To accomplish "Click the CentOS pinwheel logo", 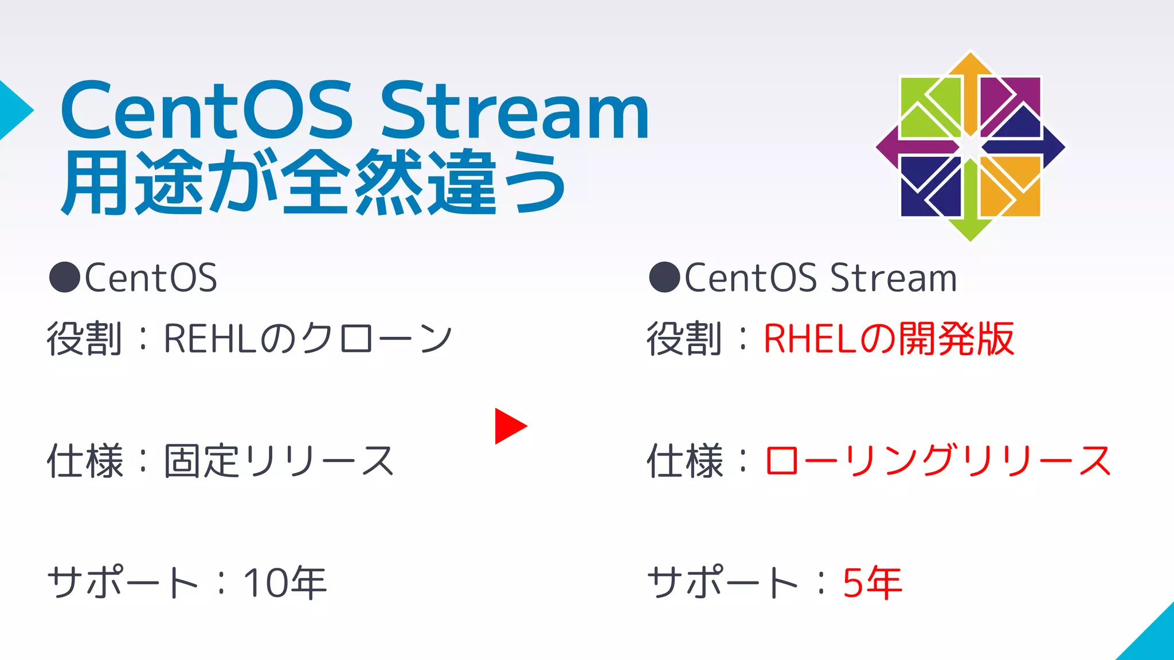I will pyautogui.click(x=970, y=147).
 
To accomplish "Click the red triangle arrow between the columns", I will pyautogui.click(x=509, y=426).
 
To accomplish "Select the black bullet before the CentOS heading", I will pyautogui.click(x=64, y=277).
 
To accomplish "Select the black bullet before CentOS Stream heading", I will pyautogui.click(x=664, y=277).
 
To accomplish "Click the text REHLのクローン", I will pyautogui.click(x=308, y=339).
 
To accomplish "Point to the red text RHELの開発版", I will pyautogui.click(x=889, y=339).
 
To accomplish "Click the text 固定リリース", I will pyautogui.click(x=279, y=461).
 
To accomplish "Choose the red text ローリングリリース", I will pyautogui.click(x=938, y=461).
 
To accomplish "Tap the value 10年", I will pyautogui.click(x=285, y=583).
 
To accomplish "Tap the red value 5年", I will pyautogui.click(x=872, y=583).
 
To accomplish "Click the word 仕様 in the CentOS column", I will pyautogui.click(x=85, y=461).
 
